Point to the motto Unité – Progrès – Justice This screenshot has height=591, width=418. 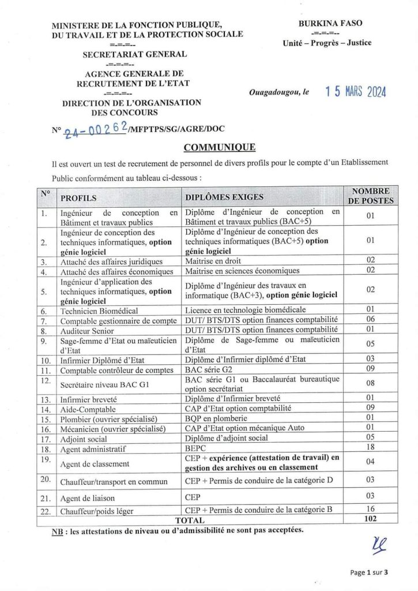coord(327,43)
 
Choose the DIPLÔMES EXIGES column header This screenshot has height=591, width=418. coord(224,197)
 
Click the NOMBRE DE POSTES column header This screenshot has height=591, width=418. coord(371,196)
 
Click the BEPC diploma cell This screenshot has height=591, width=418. coord(195,447)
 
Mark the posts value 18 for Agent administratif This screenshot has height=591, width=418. coord(371,447)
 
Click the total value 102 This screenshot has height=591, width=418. coord(371,519)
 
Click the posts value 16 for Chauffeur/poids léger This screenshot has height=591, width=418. coord(371,510)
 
